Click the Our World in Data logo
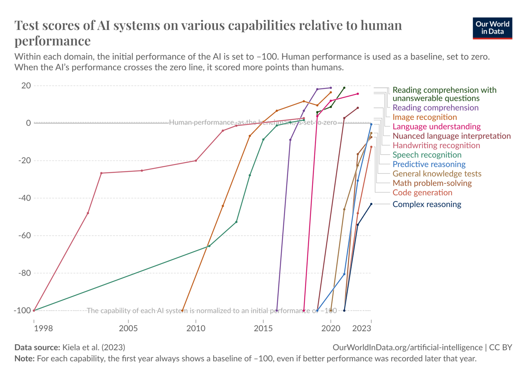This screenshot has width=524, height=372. tap(492, 28)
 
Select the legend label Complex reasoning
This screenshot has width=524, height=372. tap(427, 204)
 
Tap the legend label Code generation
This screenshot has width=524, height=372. tap(422, 192)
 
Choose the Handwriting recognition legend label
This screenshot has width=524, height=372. tap(436, 145)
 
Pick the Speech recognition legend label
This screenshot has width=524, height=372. tap(427, 155)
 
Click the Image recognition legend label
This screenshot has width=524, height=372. tap(424, 117)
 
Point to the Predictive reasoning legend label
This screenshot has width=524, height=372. tap(429, 164)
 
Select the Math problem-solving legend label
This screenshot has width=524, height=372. tap(432, 183)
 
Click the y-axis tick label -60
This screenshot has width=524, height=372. tap(24, 236)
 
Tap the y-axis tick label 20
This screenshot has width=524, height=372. tap(26, 85)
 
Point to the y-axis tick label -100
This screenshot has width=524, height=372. tap(22, 311)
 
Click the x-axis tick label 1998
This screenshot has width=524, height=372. tap(43, 328)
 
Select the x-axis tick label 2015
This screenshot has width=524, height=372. tap(263, 328)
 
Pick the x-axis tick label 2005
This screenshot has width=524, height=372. tap(129, 328)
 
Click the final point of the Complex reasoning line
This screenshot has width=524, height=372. tap(371, 204)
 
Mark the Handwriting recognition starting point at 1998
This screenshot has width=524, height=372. tap(34, 310)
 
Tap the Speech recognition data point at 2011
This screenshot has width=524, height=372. tap(209, 246)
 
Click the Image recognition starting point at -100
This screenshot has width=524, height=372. tap(182, 310)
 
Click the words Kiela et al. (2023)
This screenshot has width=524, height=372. tap(93, 347)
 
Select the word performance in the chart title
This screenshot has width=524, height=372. tap(52, 41)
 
